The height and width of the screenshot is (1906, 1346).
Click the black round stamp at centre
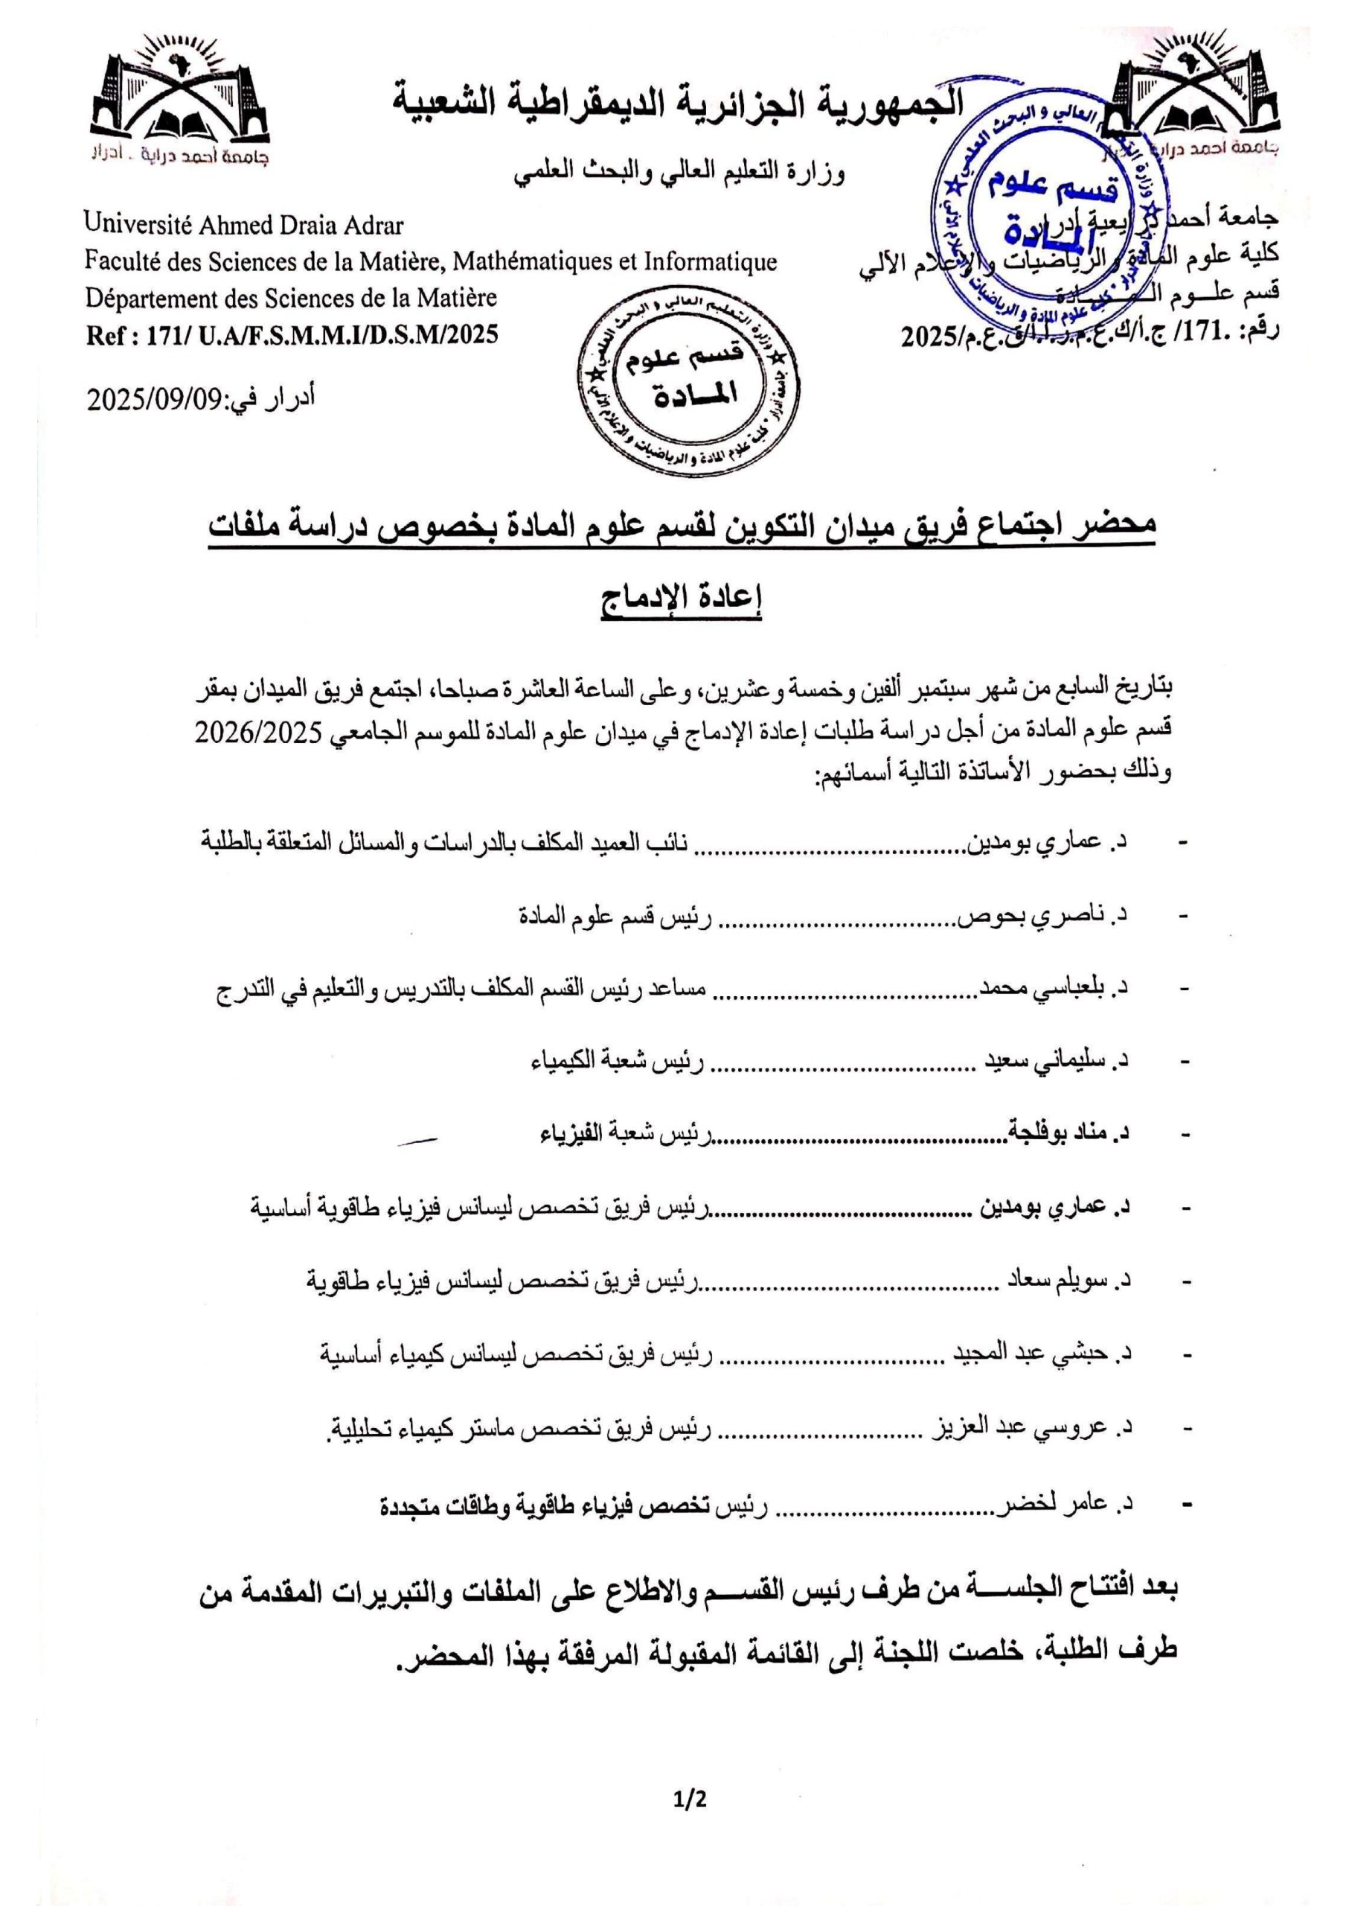tap(689, 385)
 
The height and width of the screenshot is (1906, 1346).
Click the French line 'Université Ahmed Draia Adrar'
tap(244, 224)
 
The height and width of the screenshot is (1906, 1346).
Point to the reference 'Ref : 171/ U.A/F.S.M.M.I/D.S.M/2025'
tap(292, 334)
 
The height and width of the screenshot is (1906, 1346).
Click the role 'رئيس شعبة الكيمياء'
tap(618, 1062)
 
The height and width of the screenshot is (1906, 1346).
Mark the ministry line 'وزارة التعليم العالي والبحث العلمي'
tap(679, 175)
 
